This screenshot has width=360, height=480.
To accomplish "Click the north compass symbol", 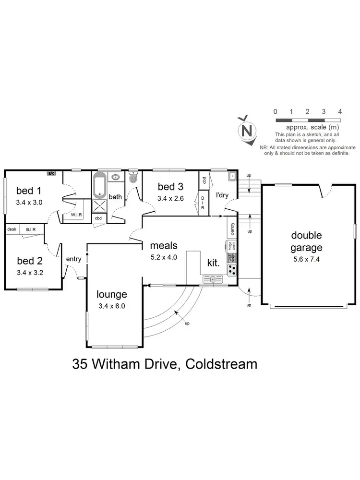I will point(247,130).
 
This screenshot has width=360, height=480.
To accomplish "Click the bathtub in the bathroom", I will point(100,185).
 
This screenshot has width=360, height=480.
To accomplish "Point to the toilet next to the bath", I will point(133,178).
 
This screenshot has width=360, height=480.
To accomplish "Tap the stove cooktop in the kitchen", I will point(232,270).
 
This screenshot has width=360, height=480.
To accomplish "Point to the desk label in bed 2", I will point(12,229).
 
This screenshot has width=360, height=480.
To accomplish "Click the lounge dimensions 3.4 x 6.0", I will point(112,306).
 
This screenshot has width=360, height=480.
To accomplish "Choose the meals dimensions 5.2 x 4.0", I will point(164,257).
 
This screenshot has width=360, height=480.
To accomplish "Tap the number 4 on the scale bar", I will point(340,111).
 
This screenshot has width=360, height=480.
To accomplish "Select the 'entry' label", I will point(74,259).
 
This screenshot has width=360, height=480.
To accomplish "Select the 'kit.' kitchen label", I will point(213,264).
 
